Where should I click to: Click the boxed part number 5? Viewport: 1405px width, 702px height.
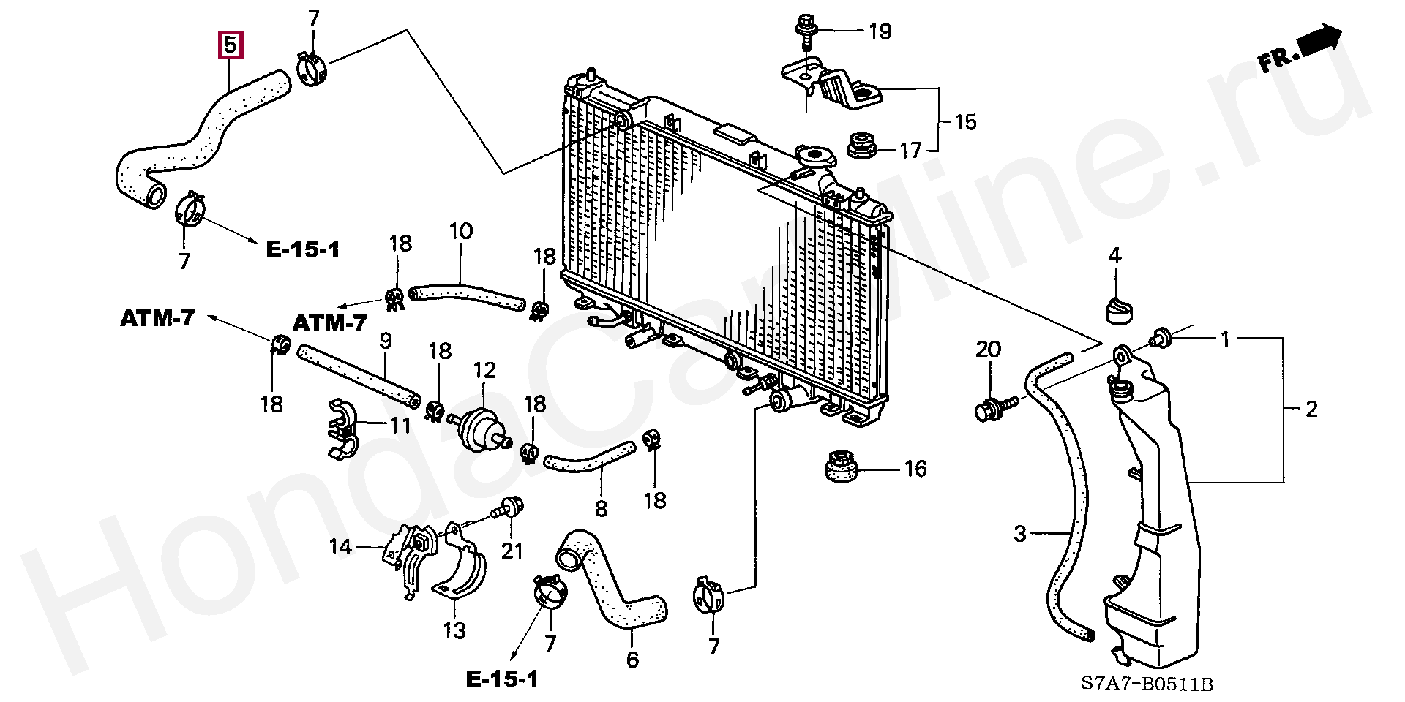click(230, 46)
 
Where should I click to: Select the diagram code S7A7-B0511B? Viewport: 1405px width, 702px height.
click(1147, 684)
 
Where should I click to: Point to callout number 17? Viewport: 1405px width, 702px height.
click(910, 151)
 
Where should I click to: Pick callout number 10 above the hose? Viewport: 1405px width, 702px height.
click(460, 232)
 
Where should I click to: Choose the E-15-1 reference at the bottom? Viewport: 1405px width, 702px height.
click(502, 679)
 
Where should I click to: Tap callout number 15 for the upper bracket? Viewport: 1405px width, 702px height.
click(965, 121)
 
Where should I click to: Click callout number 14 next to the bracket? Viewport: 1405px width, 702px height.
click(341, 546)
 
